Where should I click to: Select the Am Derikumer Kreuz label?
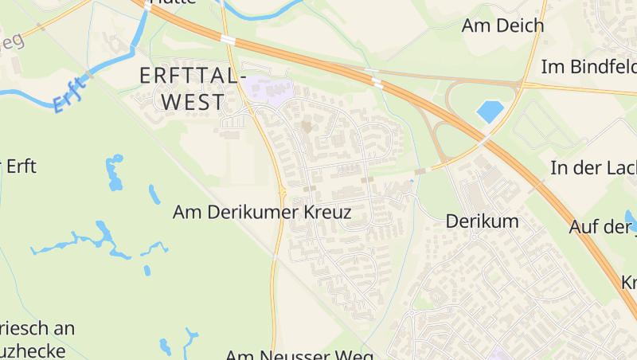tap(262, 213)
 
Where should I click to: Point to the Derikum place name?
tap(482, 221)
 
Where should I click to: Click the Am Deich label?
tap(502, 25)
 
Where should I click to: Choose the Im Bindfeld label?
tap(588, 67)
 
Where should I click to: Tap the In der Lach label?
tap(593, 167)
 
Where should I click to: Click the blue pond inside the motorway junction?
tap(490, 112)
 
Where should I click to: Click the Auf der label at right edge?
tap(602, 227)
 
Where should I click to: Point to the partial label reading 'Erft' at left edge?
tap(19, 167)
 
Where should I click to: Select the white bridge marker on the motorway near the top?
tap(228, 39)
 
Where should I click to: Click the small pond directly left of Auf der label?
tap(631, 217)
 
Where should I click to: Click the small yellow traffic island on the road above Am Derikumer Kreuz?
tap(283, 191)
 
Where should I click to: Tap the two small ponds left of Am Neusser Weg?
tap(177, 342)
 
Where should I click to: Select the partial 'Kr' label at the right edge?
tap(628, 283)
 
